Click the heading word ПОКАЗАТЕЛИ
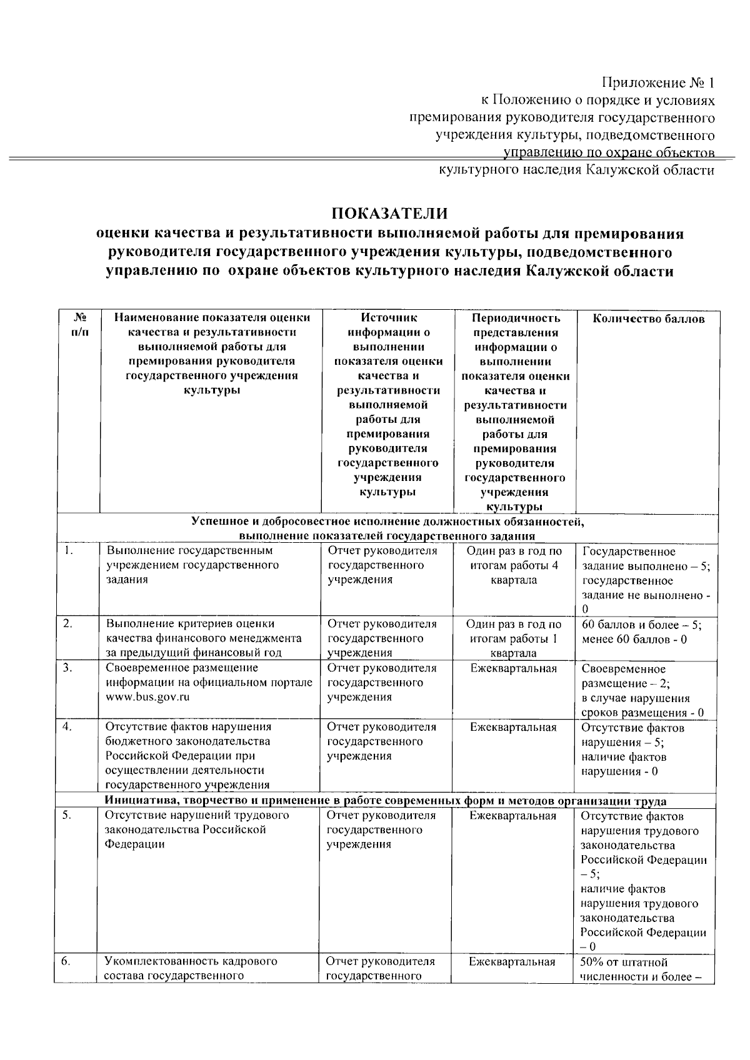point(389,213)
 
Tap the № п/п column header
point(78,325)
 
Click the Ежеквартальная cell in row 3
point(513,668)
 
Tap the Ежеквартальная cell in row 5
point(512,816)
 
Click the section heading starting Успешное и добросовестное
point(387,528)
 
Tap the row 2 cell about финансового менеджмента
point(204,638)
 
